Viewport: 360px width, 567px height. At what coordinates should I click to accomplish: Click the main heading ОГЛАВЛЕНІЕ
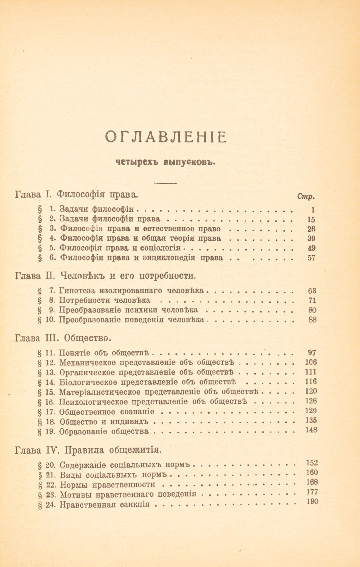pos(165,137)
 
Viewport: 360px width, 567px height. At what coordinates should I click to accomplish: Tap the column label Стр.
pos(306,196)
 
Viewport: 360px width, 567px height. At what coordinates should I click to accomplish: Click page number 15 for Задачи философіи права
pos(311,219)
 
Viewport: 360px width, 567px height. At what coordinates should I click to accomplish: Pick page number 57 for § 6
pos(312,258)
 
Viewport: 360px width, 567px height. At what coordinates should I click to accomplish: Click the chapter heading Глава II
pos(105,275)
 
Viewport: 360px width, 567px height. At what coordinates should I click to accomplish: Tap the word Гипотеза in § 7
pos(78,291)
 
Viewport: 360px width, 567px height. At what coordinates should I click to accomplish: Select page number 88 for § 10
pos(312,320)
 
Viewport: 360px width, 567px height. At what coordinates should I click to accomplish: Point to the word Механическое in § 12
pos(88,363)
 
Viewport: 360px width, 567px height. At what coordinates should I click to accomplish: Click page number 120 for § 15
pos(311,391)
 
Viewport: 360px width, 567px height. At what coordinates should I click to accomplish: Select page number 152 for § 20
pos(311,463)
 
